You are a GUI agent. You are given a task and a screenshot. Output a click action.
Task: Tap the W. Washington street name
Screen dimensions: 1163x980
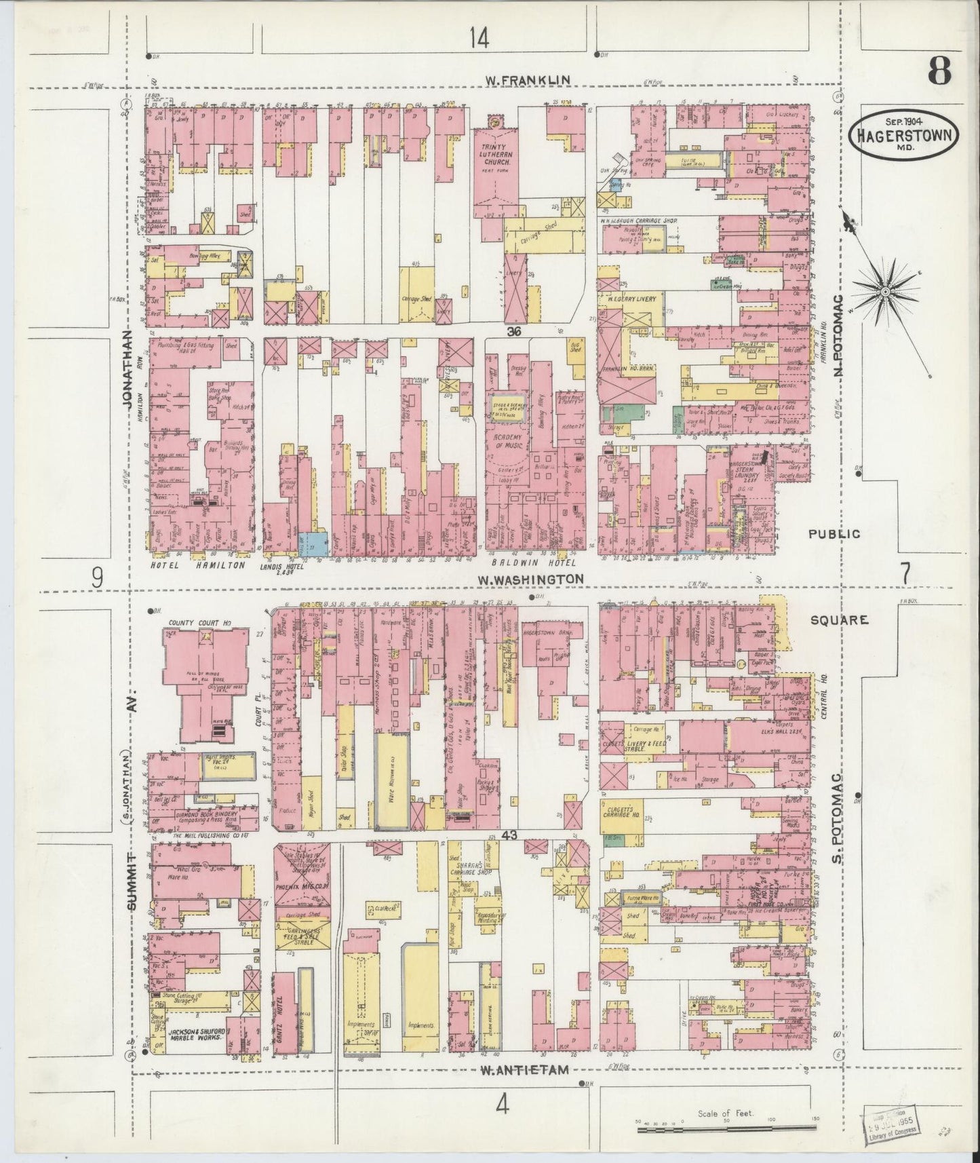click(530, 579)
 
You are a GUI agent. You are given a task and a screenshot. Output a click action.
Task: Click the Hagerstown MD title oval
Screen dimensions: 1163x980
click(904, 134)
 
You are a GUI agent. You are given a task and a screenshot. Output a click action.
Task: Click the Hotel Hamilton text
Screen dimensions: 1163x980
click(197, 564)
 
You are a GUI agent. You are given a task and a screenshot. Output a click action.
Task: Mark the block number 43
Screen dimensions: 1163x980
click(510, 837)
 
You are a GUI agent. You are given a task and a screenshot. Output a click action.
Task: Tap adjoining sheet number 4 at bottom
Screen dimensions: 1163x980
click(501, 1106)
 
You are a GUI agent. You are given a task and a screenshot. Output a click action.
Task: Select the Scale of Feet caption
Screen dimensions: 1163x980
click(725, 1113)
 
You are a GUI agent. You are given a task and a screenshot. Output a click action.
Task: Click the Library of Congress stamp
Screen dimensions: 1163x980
click(890, 1128)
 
